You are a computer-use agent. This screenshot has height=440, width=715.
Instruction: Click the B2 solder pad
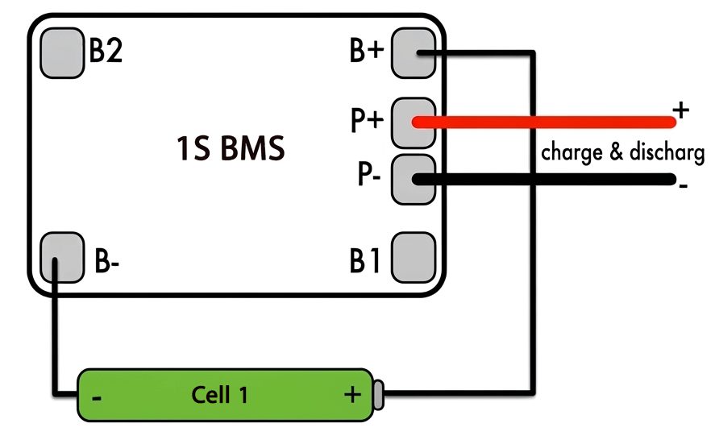point(62,53)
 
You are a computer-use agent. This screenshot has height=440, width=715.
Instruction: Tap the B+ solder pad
point(414,53)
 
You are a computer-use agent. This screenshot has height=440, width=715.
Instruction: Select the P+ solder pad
point(414,122)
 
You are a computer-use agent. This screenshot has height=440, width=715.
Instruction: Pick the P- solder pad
point(414,179)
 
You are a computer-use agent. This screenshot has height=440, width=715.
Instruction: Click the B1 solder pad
point(414,258)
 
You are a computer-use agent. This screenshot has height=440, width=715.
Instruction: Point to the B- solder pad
point(62,258)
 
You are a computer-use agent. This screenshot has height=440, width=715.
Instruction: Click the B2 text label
point(106,50)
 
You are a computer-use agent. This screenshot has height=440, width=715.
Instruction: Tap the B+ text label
point(367,50)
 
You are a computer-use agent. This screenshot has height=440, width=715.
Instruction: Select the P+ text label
point(367,119)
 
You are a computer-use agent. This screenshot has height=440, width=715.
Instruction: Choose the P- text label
point(369,174)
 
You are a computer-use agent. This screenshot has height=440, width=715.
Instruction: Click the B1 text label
point(364,261)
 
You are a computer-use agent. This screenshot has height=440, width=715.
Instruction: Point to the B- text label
point(106,261)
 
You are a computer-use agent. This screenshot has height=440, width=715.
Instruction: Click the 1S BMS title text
point(231,148)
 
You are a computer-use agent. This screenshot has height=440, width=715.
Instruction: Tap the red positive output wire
point(544,122)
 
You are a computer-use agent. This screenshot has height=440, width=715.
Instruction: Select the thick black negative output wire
point(544,179)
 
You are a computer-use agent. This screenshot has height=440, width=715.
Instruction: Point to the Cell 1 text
point(219,395)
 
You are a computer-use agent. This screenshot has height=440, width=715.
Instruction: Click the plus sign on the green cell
point(352,394)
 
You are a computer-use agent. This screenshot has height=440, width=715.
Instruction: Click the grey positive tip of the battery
point(378,395)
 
